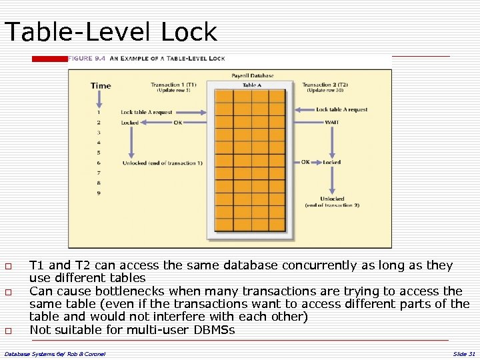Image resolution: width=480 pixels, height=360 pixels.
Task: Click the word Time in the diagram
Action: (101, 86)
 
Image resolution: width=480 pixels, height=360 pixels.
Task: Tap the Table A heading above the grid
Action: (251, 85)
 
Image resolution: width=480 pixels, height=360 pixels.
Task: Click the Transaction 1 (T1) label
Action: (173, 85)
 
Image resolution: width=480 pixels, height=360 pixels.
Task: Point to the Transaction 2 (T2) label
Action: (325, 85)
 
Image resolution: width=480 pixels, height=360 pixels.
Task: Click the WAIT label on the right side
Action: (331, 122)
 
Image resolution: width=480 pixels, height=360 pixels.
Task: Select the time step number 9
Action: (99, 193)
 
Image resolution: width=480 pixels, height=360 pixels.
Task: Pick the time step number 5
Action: (99, 153)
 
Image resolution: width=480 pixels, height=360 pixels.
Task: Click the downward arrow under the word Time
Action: (99, 99)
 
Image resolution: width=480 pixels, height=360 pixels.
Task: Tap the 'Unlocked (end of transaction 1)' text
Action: (162, 163)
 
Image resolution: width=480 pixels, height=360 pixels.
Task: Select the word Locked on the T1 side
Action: (130, 122)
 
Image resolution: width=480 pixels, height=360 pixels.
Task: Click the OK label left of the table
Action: (177, 122)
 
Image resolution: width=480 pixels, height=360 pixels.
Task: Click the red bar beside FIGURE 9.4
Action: (49, 59)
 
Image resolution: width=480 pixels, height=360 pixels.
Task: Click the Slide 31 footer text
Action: (463, 353)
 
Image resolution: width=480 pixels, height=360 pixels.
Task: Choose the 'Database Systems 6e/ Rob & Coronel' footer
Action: (55, 353)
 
